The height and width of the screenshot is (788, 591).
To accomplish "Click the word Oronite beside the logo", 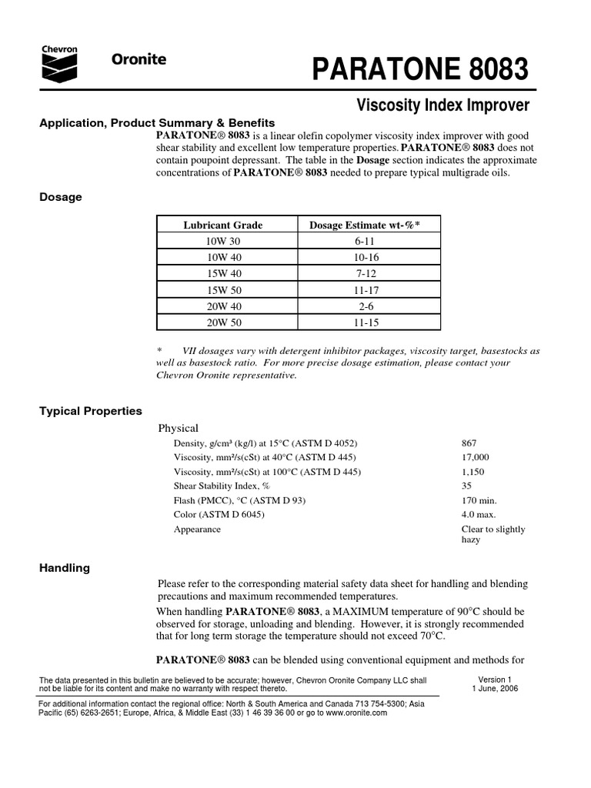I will [x=139, y=61].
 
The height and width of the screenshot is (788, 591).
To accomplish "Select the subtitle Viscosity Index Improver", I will [x=444, y=105].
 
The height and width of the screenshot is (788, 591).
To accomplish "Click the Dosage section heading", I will [x=61, y=197].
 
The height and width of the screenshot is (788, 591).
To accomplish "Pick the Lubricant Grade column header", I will [x=222, y=225].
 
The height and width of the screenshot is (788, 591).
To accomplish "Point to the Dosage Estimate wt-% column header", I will [x=365, y=225].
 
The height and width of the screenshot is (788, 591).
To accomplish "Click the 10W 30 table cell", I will [x=222, y=241].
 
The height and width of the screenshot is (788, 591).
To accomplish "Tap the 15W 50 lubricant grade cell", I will [x=222, y=290].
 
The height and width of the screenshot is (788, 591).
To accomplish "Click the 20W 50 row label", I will [x=222, y=323].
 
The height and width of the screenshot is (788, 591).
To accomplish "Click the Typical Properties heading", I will [x=91, y=411].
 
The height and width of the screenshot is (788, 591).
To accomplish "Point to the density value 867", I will [x=469, y=443].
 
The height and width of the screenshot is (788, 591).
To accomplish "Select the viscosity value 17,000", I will [x=475, y=457].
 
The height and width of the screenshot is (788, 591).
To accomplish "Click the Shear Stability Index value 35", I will [x=466, y=486].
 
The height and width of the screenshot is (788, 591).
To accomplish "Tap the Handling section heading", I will [x=65, y=568].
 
